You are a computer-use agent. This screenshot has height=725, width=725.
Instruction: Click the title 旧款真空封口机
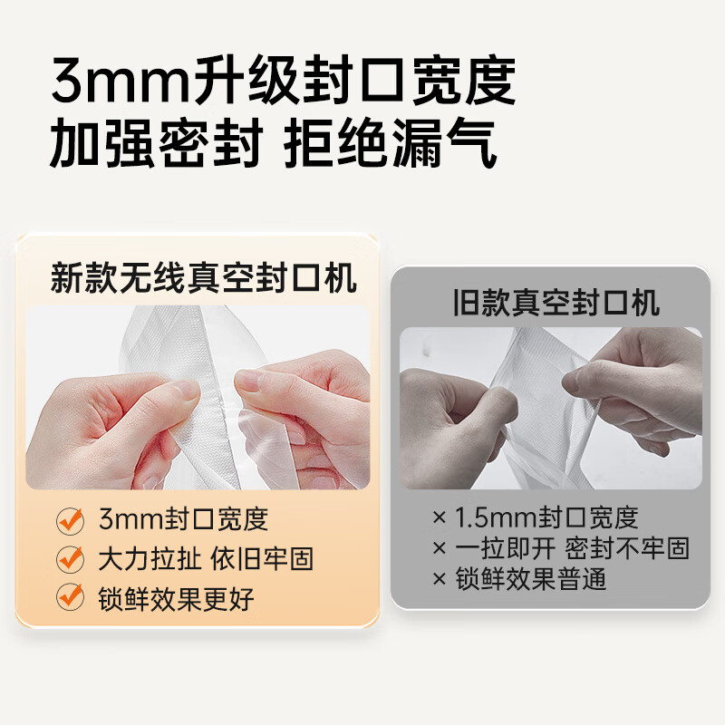click(556, 303)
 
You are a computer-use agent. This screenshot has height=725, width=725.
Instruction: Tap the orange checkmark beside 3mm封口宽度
click(70, 520)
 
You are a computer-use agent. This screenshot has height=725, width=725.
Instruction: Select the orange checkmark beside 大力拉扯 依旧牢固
click(70, 558)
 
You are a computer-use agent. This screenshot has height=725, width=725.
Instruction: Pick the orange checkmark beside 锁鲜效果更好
click(70, 596)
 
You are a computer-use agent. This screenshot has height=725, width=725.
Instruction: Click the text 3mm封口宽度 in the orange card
click(184, 520)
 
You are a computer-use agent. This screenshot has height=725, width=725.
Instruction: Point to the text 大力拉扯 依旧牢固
click(206, 558)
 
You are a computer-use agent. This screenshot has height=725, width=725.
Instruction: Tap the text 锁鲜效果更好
click(177, 597)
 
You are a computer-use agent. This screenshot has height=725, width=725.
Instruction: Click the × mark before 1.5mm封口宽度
click(440, 518)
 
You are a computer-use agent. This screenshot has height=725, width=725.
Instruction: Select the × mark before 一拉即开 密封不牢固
click(440, 548)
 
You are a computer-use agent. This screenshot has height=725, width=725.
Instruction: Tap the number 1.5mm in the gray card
click(493, 518)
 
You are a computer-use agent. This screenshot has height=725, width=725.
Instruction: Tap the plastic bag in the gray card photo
click(535, 399)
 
